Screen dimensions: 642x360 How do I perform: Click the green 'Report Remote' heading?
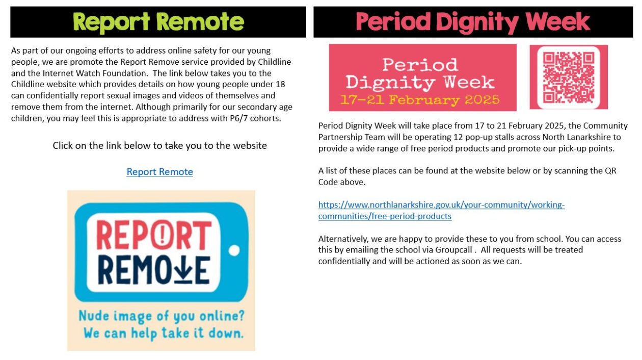158,22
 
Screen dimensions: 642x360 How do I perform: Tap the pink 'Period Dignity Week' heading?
473,22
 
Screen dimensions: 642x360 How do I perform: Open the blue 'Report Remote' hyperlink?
159,171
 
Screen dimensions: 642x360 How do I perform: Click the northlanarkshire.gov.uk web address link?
441,210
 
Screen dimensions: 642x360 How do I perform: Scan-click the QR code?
569,77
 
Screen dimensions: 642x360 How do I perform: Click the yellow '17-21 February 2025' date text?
420,100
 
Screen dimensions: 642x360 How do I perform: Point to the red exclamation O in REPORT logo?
163,235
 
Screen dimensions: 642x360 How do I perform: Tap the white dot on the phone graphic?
234,250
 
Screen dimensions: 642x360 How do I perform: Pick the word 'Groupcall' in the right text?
453,250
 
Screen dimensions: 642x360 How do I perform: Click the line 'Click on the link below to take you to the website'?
159,146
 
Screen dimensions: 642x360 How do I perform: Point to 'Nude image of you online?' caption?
162,316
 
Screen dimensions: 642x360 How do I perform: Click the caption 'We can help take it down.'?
164,333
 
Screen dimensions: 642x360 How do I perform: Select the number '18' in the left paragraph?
281,84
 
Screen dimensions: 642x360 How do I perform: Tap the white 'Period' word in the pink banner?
420,65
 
